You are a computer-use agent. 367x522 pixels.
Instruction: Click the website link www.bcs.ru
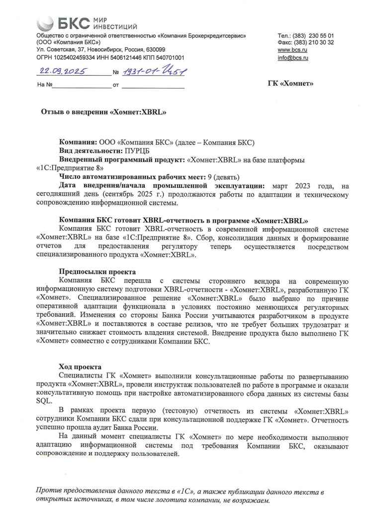point(292,50)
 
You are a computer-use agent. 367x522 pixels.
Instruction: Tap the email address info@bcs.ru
point(293,58)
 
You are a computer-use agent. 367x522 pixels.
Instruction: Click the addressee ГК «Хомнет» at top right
point(290,83)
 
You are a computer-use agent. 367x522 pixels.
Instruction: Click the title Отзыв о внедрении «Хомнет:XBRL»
point(103,113)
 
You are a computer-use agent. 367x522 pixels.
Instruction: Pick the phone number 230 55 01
point(321,35)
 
